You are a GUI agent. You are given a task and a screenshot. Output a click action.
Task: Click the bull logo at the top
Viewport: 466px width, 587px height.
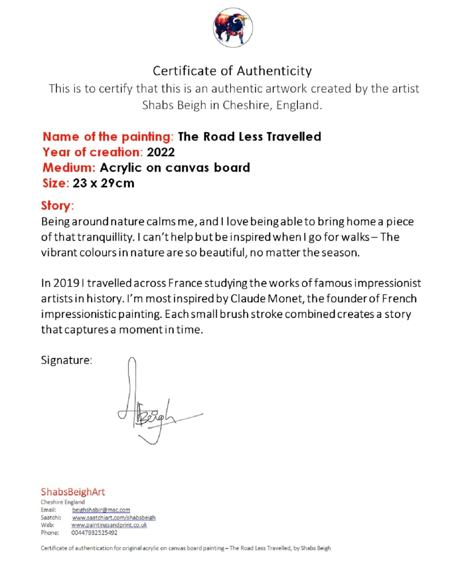233,28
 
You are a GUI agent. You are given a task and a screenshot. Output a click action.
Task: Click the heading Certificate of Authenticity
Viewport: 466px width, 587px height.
232,71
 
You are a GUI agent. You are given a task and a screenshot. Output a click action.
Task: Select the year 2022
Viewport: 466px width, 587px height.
161,152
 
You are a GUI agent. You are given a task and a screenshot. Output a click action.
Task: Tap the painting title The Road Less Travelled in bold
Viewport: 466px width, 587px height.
249,137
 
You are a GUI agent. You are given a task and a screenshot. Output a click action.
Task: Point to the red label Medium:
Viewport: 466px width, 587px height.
69,168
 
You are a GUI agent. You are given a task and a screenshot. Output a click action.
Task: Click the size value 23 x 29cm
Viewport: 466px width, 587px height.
103,183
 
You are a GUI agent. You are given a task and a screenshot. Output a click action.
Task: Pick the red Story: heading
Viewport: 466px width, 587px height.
57,205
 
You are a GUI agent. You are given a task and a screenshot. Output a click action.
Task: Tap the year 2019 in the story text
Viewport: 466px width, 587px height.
66,283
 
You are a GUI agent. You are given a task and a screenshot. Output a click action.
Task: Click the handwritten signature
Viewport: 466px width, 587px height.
151,409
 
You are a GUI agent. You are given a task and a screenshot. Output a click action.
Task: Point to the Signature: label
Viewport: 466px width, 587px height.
66,360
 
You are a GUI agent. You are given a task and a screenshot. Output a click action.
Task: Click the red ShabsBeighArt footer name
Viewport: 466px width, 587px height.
73,492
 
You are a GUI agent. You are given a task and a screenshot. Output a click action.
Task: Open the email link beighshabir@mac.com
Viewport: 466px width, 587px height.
101,510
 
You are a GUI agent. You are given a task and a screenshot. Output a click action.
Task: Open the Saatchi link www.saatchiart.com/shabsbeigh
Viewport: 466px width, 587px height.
113,518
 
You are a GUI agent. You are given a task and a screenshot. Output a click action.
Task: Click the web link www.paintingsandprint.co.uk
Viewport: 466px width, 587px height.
109,525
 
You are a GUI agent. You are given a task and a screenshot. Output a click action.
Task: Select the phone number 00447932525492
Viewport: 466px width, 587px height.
94,533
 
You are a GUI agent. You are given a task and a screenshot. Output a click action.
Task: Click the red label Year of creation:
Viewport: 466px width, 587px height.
92,152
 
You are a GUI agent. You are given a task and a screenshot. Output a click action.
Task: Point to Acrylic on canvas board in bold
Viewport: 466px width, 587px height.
175,168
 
